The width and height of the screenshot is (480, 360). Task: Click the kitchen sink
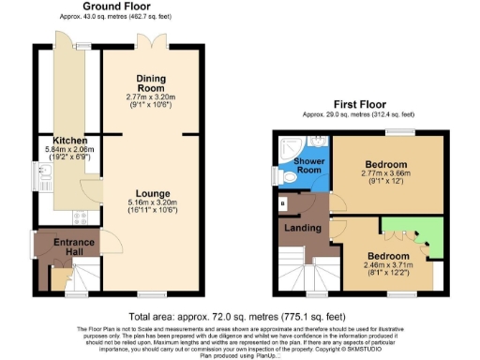pyautogui.click(x=43, y=174)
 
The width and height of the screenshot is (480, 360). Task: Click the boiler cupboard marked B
pyautogui.click(x=283, y=202)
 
